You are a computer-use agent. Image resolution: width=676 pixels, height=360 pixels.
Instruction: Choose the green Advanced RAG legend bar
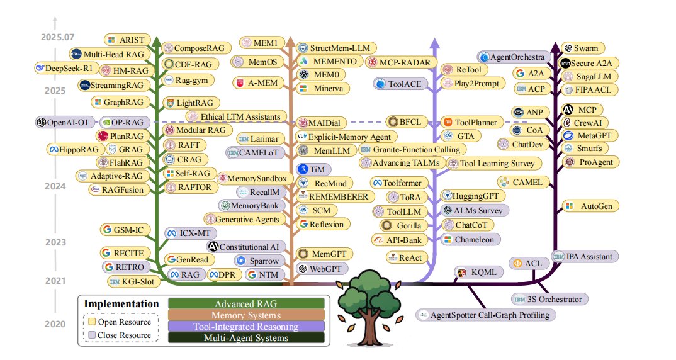[246, 304]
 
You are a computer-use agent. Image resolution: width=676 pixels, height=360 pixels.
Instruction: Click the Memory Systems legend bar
[246, 315]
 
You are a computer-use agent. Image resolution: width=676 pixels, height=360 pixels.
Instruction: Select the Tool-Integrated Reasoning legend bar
[246, 327]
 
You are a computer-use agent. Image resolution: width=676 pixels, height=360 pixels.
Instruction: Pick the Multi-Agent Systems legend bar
[246, 338]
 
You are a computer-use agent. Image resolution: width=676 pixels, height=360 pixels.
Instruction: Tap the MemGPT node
[323, 254]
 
